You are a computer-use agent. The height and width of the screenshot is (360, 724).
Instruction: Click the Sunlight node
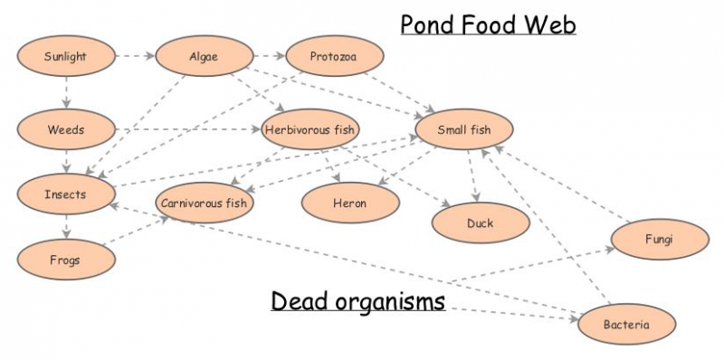click(x=65, y=58)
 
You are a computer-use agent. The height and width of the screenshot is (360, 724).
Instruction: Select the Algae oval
click(x=203, y=57)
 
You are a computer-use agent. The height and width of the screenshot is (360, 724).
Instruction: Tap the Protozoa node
click(x=333, y=57)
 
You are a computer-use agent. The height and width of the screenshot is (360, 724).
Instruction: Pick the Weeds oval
click(x=65, y=129)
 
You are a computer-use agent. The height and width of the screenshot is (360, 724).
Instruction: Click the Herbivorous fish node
click(x=311, y=130)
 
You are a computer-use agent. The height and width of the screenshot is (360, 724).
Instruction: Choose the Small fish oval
click(x=463, y=130)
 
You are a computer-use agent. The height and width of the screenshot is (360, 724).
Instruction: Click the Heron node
click(x=348, y=203)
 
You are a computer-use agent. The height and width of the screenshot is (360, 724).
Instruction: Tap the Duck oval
click(x=480, y=223)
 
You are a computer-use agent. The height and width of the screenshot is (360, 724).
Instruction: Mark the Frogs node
click(x=65, y=260)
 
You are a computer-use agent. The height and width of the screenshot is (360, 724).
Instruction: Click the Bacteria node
click(x=626, y=323)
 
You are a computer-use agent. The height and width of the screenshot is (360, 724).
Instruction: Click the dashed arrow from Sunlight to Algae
click(x=135, y=56)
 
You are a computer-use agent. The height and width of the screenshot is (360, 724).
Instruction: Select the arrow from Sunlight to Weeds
click(x=65, y=93)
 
